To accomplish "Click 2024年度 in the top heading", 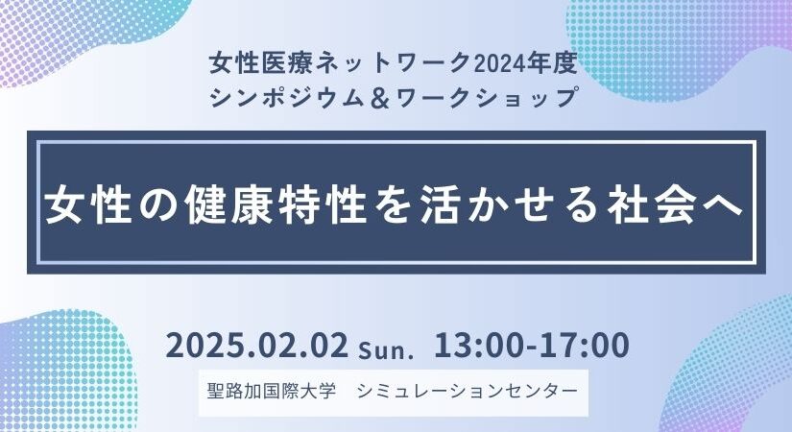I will pyautogui.click(x=530, y=64).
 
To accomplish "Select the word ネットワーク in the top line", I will pyautogui.click(x=388, y=64).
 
